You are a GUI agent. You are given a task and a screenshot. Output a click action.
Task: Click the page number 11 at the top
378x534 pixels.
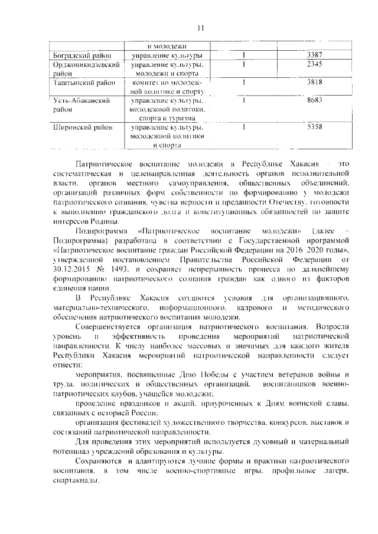coord(200,28)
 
